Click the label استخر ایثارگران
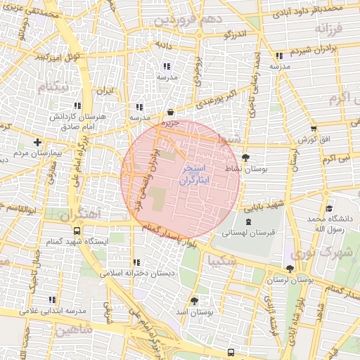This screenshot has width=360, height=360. click(191, 175)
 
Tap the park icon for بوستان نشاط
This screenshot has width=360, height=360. click(245, 157)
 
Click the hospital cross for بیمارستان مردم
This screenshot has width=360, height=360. click(38, 143)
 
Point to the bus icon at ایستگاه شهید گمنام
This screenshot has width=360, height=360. click(76, 231)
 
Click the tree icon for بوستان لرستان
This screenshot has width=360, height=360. click(290, 269)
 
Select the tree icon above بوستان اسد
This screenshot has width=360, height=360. click(194, 300)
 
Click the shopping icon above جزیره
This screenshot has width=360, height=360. click(171, 112)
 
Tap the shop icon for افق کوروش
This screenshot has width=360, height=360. click(313, 129)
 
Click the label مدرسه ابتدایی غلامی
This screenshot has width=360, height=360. click(51, 310)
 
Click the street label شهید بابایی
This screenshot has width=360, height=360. click(263, 205)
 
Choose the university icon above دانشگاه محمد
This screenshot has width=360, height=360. click(329, 209)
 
